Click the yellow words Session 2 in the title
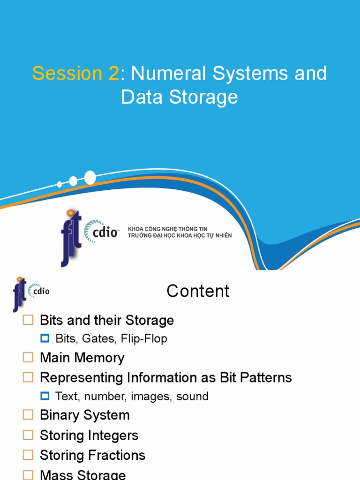pos(75,74)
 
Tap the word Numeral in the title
pos(163,74)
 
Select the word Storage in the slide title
pos(202,97)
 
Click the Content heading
pos(198,291)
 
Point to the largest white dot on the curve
pos(90,177)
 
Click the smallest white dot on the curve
pos(60,184)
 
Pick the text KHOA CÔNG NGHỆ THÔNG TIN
pos(167,228)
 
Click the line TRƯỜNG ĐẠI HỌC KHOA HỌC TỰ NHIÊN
pos(180,235)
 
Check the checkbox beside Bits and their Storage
pos(29,320)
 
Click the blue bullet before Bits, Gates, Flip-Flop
pos(45,338)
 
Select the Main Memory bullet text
pos(82,358)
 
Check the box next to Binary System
pos(29,415)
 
